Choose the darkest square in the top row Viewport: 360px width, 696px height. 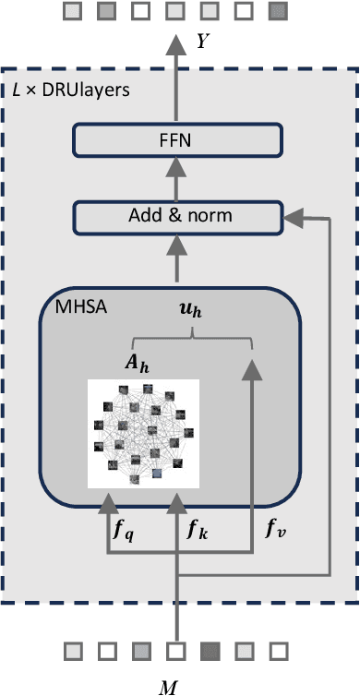[277, 12]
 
